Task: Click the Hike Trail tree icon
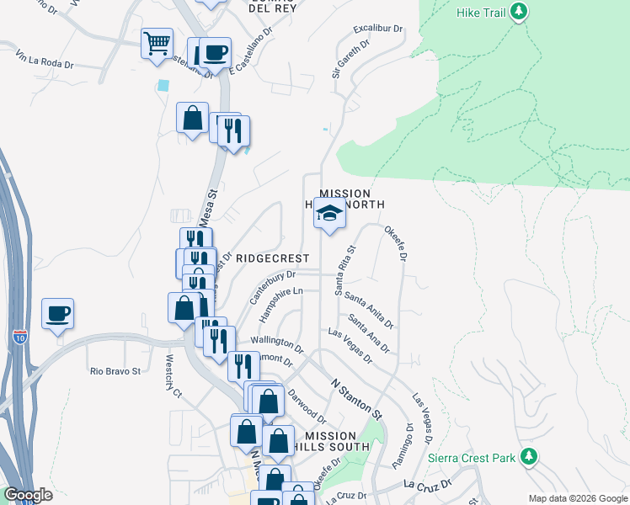coord(521,11)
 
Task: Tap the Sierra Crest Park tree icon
coord(528,457)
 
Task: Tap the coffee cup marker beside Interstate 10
coord(57,314)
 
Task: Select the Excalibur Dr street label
coord(378,29)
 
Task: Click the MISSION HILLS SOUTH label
coord(337,441)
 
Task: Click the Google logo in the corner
coord(28,495)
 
